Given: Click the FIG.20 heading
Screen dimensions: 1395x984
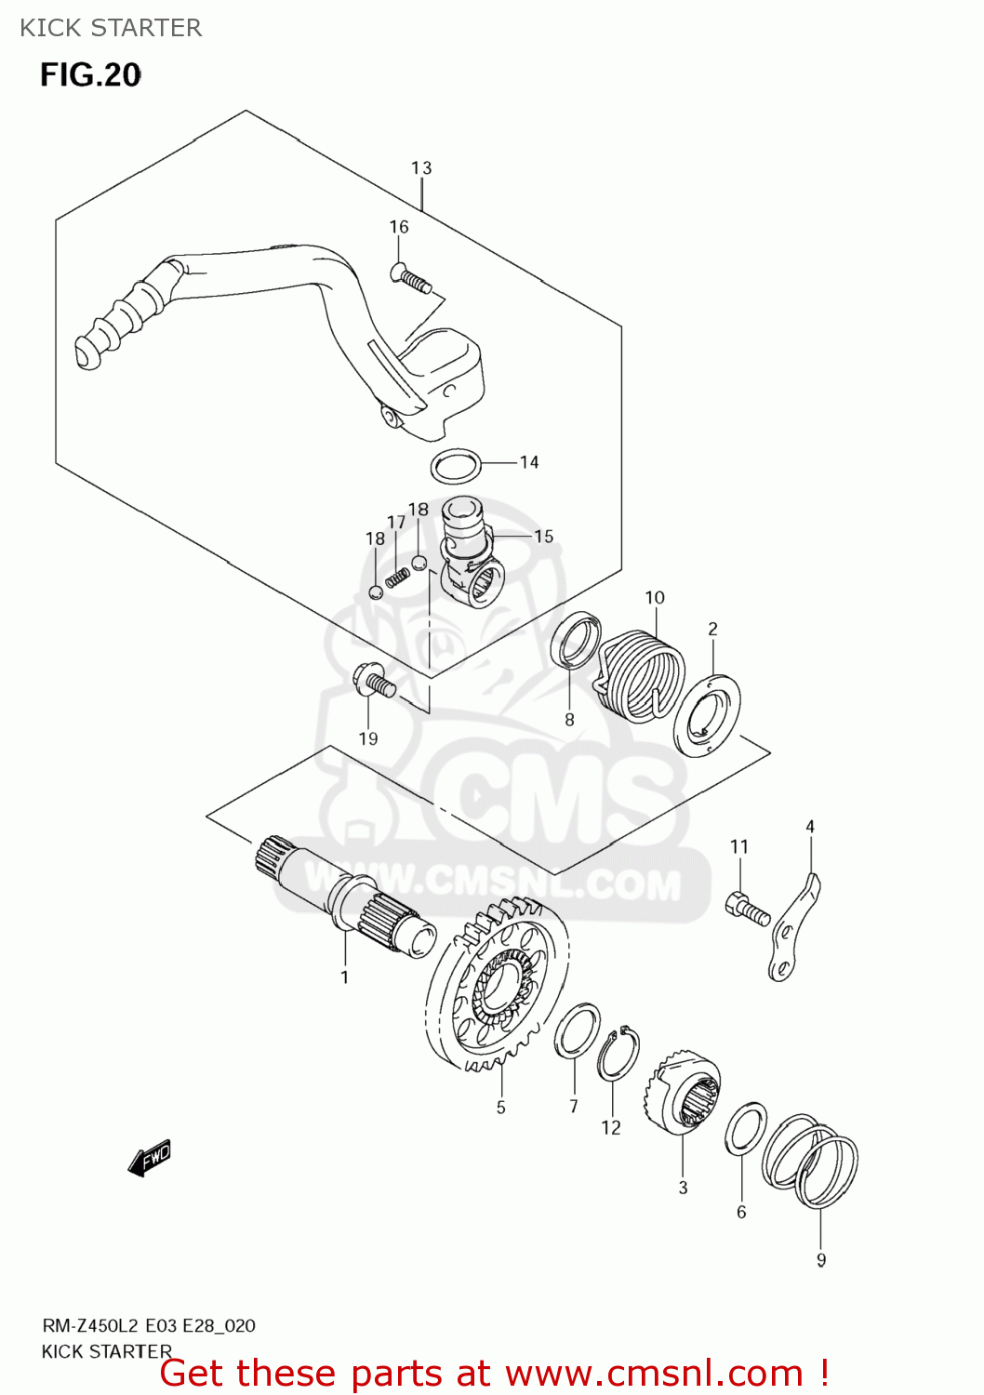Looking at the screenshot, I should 90,75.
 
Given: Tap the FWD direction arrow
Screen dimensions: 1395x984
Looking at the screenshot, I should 150,1158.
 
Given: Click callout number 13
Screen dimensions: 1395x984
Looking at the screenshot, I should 421,168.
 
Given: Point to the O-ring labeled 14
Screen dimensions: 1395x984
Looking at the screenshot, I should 457,466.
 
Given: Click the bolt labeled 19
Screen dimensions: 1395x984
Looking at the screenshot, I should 374,681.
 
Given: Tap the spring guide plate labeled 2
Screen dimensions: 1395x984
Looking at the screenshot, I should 707,713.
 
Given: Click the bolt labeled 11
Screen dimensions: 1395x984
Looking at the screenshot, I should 747,908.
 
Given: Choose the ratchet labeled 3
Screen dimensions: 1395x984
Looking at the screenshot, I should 684,1094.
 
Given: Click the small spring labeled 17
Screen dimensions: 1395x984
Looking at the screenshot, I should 397,577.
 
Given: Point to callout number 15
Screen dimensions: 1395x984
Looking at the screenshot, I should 543,537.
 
